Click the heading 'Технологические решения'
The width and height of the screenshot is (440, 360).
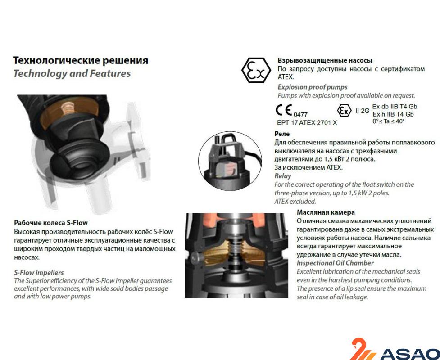(81, 60)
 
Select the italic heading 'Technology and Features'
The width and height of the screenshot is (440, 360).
(72, 73)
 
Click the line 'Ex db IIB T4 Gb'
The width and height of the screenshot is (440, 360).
(395, 106)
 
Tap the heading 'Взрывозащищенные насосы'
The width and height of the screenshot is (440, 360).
(325, 60)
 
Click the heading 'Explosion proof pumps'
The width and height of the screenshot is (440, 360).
(312, 87)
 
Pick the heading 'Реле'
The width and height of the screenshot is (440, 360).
(282, 134)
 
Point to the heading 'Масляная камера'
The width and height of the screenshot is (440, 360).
(326, 212)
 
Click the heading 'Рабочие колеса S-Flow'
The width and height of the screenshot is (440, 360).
(51, 223)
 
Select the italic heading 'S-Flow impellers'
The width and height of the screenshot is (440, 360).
(39, 272)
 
